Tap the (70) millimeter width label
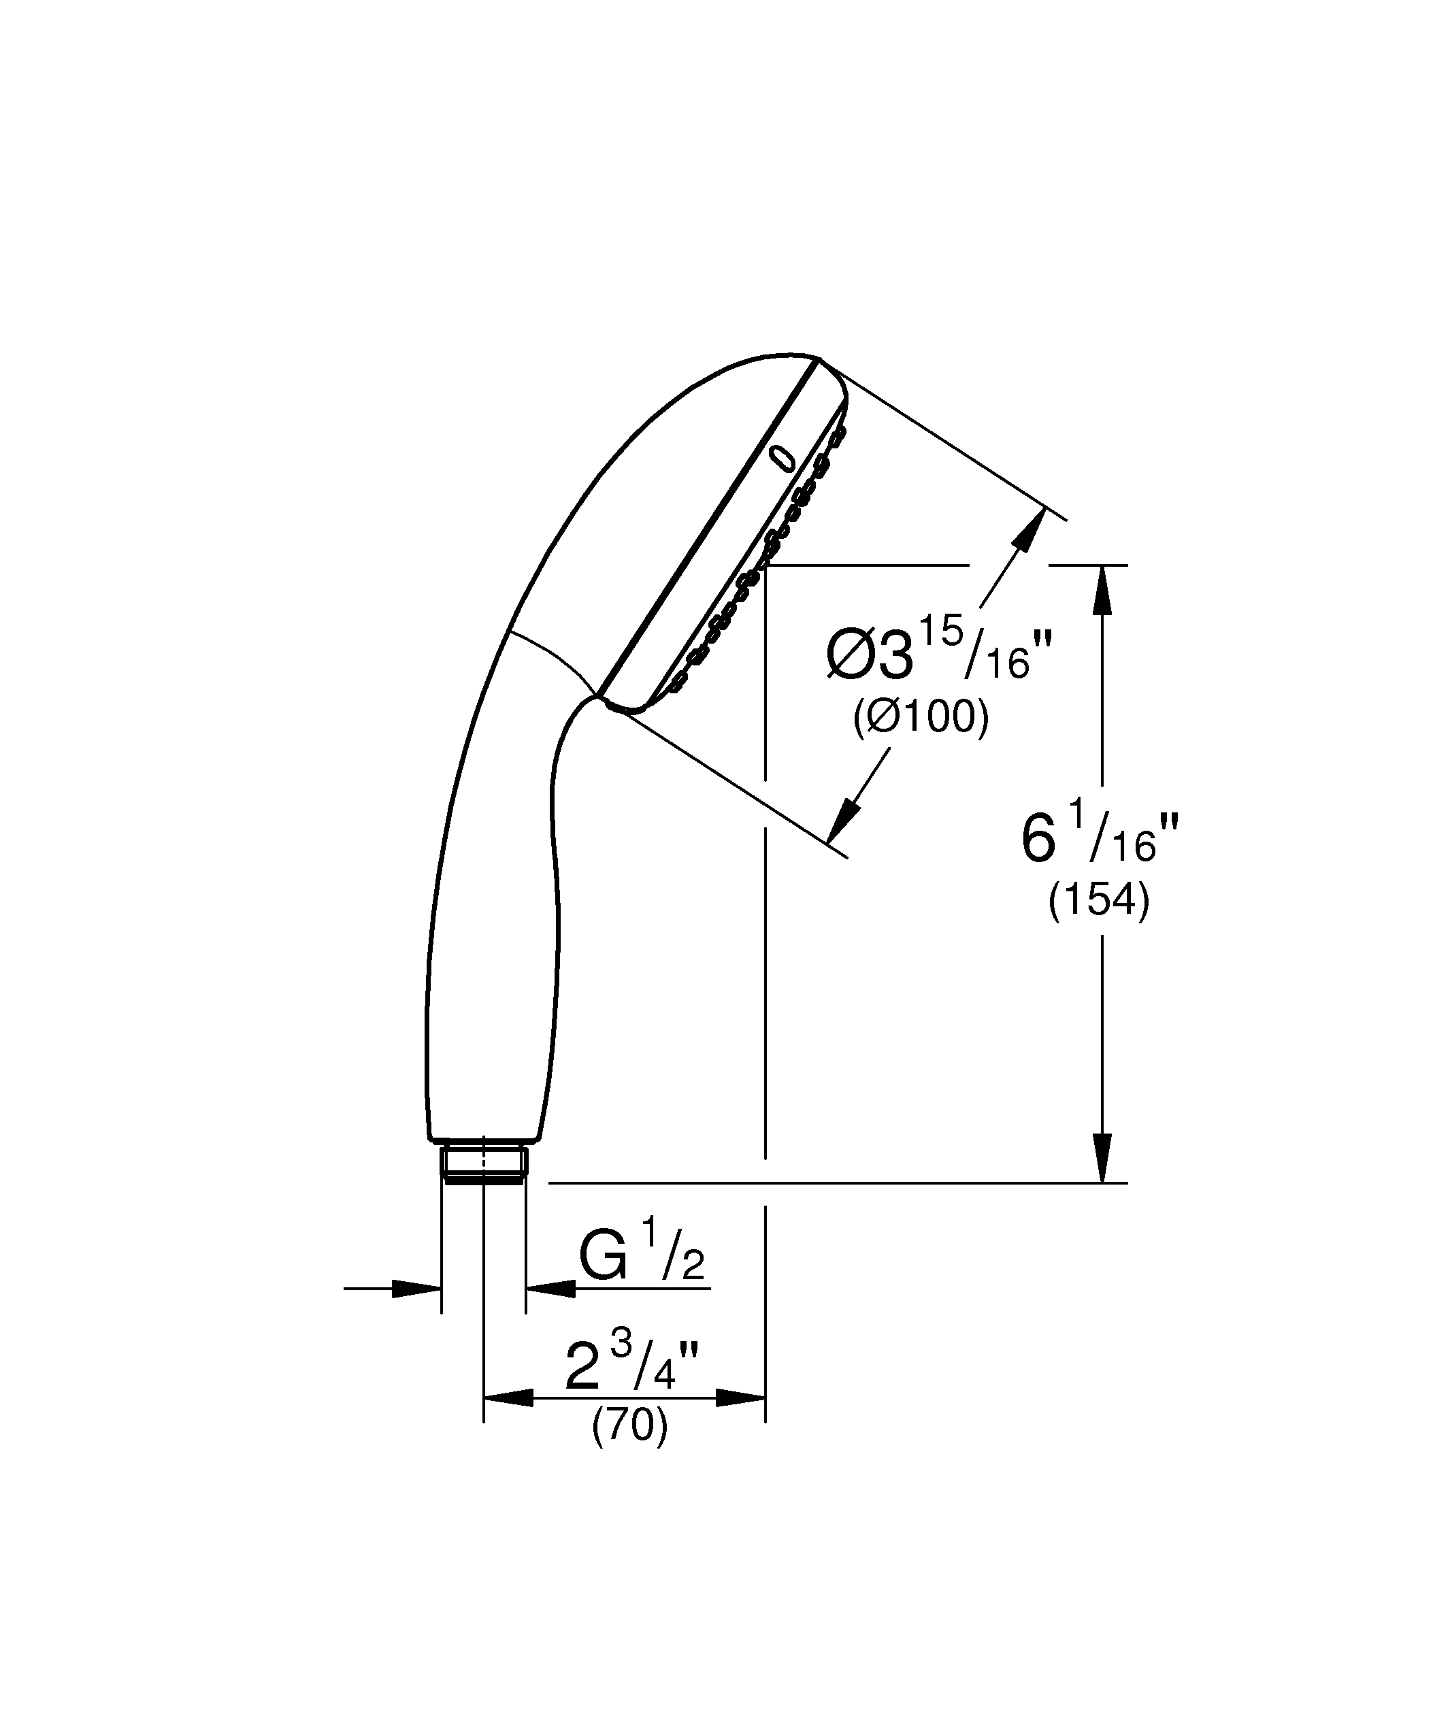tap(630, 1426)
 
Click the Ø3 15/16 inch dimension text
tap(938, 650)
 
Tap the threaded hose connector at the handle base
tap(483, 1163)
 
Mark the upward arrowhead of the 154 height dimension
tap(1102, 589)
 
